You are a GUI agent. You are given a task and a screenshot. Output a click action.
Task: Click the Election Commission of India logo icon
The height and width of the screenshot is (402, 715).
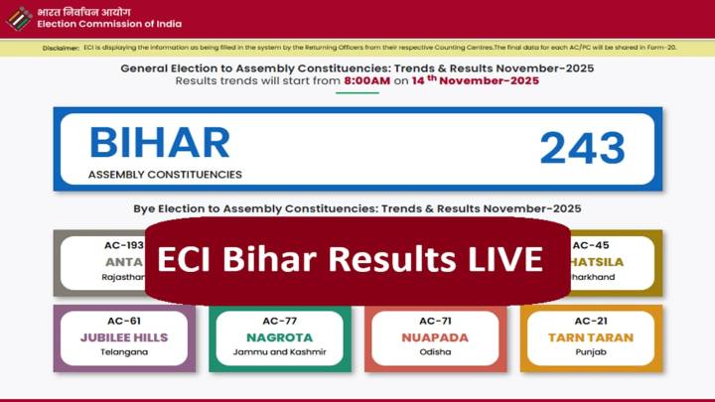(x=19, y=18)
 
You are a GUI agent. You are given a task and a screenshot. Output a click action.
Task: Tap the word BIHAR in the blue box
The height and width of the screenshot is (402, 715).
(x=159, y=143)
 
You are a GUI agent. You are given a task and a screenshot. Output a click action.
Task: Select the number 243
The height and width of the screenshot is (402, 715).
(x=582, y=148)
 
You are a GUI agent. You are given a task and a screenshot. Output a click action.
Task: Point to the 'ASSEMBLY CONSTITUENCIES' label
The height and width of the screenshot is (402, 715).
(x=165, y=174)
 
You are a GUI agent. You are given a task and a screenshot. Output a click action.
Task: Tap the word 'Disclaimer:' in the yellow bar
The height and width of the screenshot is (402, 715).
(x=63, y=48)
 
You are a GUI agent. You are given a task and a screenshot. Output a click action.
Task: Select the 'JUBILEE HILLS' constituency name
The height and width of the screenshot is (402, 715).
(x=124, y=337)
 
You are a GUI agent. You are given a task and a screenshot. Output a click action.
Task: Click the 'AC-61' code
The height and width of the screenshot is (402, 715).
(x=124, y=321)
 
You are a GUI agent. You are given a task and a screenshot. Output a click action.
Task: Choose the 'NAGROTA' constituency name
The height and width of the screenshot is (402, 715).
(x=280, y=337)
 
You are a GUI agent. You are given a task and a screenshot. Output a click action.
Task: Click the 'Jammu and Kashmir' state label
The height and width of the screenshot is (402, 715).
(x=280, y=352)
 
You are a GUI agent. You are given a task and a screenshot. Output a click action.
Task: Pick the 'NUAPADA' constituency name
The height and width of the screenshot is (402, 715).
(x=435, y=337)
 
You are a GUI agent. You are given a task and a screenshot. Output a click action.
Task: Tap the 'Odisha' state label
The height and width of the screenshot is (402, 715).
(x=435, y=352)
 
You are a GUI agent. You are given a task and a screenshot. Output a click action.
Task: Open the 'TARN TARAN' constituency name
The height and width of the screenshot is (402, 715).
(x=591, y=337)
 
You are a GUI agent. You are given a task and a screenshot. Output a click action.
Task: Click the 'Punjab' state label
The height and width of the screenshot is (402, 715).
(x=591, y=352)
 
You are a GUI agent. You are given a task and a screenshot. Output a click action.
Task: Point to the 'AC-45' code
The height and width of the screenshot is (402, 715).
(x=591, y=245)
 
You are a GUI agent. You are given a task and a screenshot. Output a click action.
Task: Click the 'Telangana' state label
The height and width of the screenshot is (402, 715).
(x=124, y=352)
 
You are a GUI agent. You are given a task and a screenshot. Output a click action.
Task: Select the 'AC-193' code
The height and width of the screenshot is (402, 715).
(x=124, y=245)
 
